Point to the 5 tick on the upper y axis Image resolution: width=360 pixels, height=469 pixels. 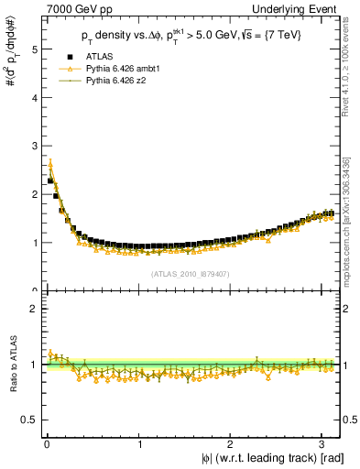pos(34,49)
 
